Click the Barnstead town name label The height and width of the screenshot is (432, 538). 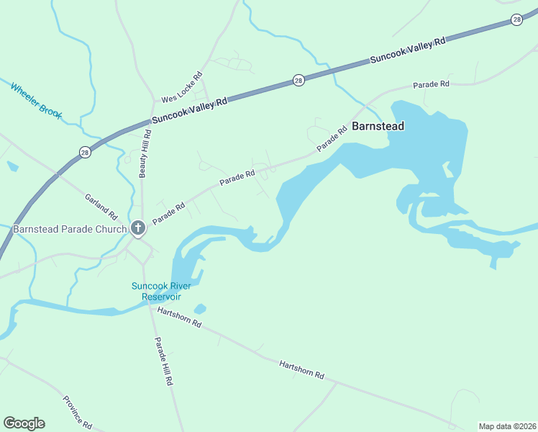point(378,126)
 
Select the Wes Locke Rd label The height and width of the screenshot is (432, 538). point(182,86)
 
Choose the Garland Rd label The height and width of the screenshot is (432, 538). point(101,206)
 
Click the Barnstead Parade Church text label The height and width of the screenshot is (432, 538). point(69,230)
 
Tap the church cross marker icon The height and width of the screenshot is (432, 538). point(138,229)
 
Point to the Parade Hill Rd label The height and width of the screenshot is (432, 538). point(163,362)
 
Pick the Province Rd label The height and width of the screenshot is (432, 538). point(77,413)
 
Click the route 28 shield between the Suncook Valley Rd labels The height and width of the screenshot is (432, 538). point(298,81)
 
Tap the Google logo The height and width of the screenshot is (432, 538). point(24,423)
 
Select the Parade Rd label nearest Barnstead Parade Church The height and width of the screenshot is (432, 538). point(168,212)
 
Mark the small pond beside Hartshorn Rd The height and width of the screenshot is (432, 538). point(200,309)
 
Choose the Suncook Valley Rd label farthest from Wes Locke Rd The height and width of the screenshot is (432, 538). point(408,50)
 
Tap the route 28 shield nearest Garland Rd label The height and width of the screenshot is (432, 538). point(85,152)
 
